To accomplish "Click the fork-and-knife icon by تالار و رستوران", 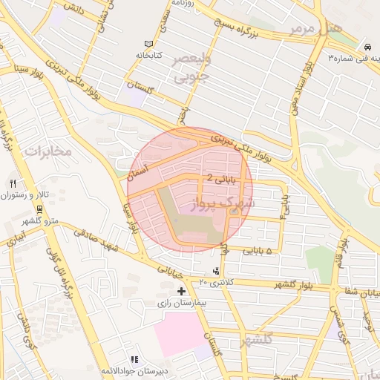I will click(13, 183).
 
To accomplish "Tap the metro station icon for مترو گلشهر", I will click(39, 209).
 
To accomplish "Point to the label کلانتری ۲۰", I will click(216, 283).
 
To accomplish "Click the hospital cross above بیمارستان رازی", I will click(181, 291).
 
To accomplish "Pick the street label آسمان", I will click(138, 171).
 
